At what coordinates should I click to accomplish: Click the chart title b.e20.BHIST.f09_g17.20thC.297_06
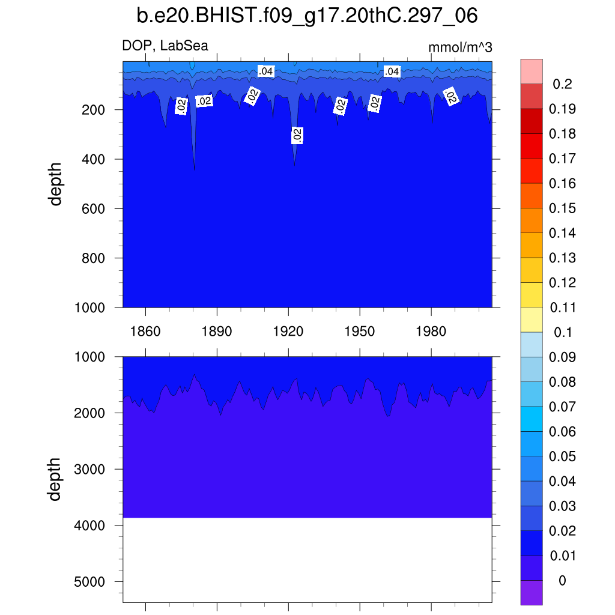tap(307, 16)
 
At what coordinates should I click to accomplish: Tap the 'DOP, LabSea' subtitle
tap(165, 46)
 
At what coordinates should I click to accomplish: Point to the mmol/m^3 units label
tap(460, 47)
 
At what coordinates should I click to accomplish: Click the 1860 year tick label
tap(146, 331)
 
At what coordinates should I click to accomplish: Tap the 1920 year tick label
tap(288, 331)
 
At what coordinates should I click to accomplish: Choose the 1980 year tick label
tap(431, 331)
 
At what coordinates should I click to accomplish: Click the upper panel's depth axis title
tap(56, 184)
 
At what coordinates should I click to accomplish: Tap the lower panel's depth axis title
tap(56, 479)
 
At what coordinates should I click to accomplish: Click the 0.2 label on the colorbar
tap(562, 84)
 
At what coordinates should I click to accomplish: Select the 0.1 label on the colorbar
tap(562, 332)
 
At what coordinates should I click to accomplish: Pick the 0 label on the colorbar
tap(562, 581)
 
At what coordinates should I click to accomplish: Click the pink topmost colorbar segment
tap(532, 71)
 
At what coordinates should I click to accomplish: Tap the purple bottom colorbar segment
tap(532, 592)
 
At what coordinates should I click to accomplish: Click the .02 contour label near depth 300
tap(297, 135)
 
